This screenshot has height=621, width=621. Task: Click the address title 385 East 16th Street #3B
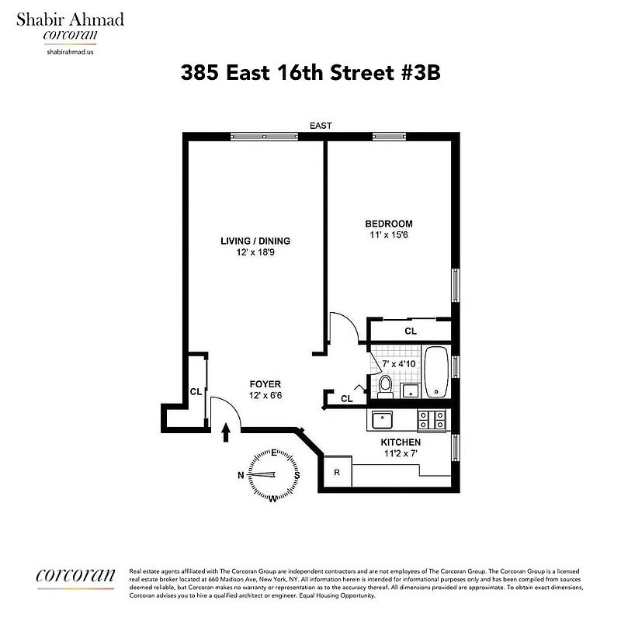point(310,73)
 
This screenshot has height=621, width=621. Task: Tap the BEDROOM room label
point(389,224)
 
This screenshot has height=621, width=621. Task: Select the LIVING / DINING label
point(255,241)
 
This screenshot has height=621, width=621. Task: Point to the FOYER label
point(265,384)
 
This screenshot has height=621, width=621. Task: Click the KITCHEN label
point(401,442)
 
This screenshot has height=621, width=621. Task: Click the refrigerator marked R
point(337,472)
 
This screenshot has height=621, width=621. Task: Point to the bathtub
point(438,372)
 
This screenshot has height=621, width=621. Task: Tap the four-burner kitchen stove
point(432,420)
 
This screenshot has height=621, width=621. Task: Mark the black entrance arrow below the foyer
point(226,432)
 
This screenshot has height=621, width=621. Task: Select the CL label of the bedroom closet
point(410,331)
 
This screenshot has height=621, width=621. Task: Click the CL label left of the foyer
point(196,392)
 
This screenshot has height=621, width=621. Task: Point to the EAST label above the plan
point(321,126)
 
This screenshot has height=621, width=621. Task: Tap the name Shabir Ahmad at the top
point(70,19)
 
